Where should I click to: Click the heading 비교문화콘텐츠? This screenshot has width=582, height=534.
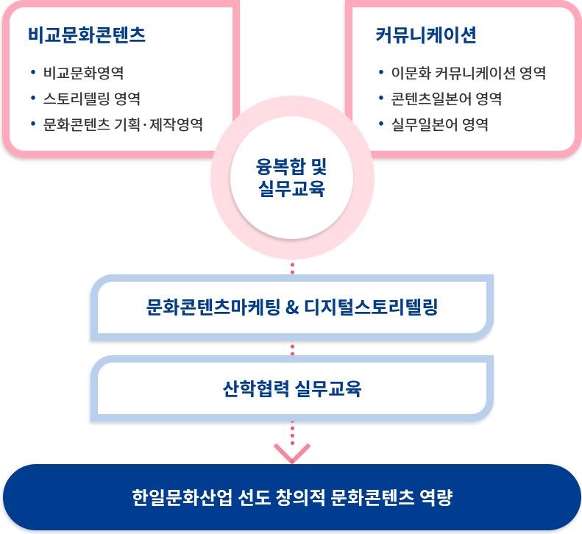click(87, 35)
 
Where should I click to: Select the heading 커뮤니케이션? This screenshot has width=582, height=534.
click(426, 35)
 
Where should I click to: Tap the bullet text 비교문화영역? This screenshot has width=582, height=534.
click(84, 73)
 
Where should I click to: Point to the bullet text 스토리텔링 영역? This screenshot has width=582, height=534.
click(92, 99)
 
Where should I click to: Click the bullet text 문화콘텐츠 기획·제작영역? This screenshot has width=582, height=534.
click(123, 124)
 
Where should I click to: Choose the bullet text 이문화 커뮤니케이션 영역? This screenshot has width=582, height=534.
click(469, 73)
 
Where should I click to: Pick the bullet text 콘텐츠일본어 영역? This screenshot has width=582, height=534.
click(447, 99)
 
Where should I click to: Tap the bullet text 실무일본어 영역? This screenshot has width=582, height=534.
click(439, 124)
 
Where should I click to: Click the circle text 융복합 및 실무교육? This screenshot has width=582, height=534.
click(292, 177)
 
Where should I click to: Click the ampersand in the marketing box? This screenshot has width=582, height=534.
click(292, 307)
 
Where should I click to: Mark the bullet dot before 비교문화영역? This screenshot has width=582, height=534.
click(33, 72)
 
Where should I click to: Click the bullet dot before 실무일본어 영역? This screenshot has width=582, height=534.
click(381, 124)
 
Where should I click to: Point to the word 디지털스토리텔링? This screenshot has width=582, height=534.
click(372, 307)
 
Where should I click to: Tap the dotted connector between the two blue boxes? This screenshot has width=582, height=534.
click(293, 348)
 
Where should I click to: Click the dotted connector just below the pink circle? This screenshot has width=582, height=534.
click(293, 268)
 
